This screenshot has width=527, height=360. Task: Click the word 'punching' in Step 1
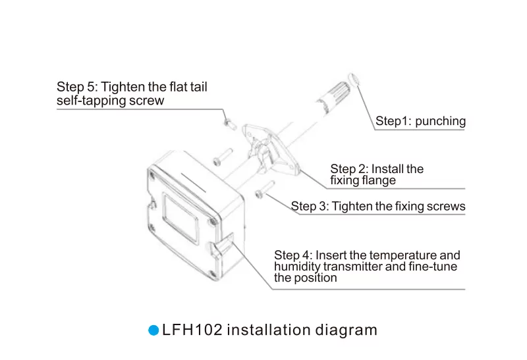(440, 121)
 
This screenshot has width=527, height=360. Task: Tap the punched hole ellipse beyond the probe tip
(353, 79)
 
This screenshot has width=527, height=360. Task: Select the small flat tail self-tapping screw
(230, 124)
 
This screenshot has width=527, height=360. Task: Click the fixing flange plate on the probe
(271, 149)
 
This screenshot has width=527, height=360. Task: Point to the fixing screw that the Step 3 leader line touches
(265, 190)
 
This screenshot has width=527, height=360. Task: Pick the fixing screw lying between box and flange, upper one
(223, 157)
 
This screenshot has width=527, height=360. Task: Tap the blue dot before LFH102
(153, 330)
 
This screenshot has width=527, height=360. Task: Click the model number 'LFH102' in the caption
(192, 330)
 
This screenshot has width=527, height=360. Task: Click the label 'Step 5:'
(77, 87)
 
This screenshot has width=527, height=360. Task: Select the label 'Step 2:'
(350, 169)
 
